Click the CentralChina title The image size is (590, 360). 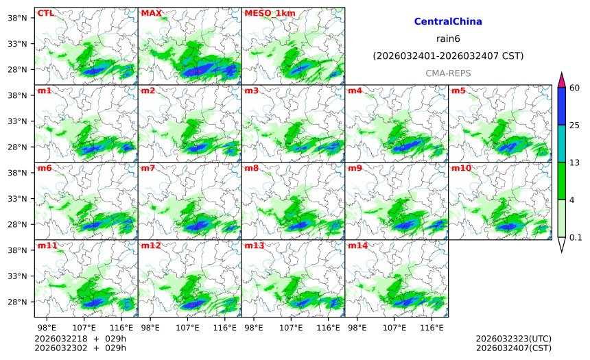click(x=448, y=22)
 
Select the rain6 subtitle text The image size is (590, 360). click(x=448, y=38)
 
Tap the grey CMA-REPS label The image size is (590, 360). click(x=448, y=73)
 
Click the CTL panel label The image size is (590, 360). click(x=45, y=13)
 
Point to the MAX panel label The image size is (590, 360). click(x=151, y=13)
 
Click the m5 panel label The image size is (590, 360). click(x=458, y=91)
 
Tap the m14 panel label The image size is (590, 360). click(x=357, y=245)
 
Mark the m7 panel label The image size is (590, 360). click(x=148, y=168)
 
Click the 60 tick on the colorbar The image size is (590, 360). click(x=575, y=87)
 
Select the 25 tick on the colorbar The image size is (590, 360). click(x=575, y=125)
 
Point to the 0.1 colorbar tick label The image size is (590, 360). click(x=576, y=237)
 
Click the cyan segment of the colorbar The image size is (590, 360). click(x=561, y=143)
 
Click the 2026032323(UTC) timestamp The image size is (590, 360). click(x=513, y=339)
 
